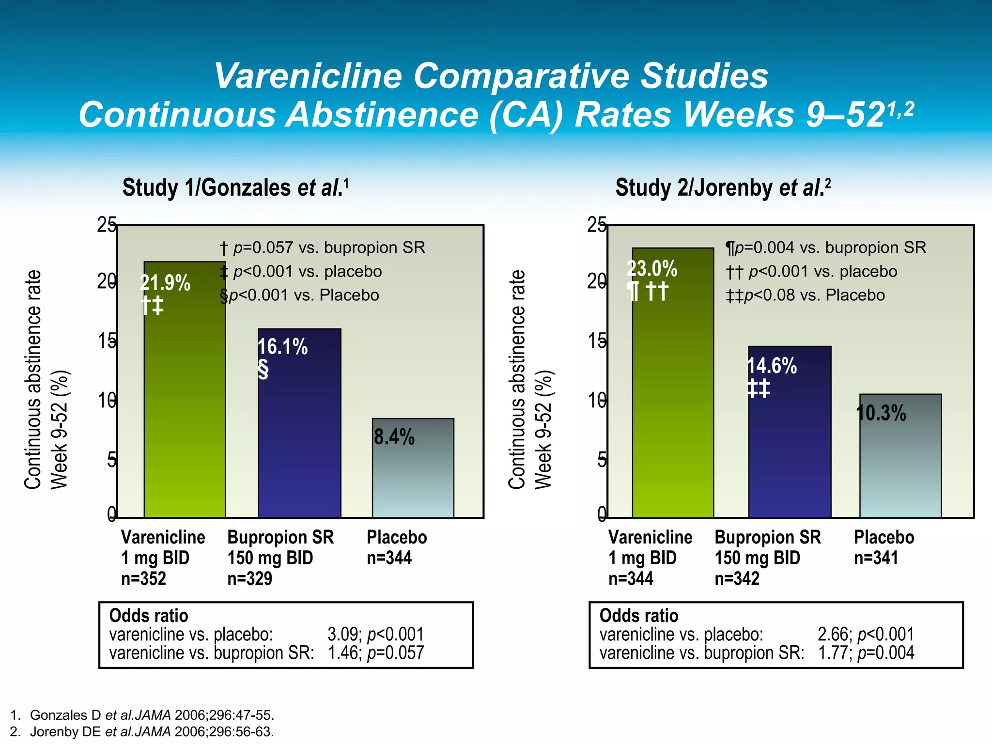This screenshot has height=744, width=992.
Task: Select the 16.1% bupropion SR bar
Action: [x=299, y=436]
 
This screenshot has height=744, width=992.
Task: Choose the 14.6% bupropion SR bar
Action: [x=790, y=446]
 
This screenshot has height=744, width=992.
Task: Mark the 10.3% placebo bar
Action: [x=900, y=465]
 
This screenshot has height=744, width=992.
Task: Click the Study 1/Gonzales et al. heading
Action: [x=235, y=188]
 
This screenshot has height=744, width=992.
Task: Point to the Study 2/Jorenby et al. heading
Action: [x=723, y=188]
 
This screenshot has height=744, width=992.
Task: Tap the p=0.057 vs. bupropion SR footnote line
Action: [x=323, y=248]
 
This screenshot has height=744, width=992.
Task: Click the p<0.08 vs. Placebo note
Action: [x=805, y=295]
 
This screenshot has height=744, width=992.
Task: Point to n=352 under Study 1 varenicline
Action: [x=143, y=578]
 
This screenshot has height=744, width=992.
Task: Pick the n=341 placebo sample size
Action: [x=876, y=558]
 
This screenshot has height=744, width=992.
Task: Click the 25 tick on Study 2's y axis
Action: [x=596, y=225]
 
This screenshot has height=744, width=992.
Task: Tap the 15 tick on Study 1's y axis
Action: [x=107, y=341]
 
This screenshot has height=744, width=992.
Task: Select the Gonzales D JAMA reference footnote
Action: [x=142, y=715]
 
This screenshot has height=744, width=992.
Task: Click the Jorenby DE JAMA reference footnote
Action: [x=142, y=731]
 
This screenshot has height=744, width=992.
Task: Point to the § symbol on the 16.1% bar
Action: [x=263, y=370]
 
